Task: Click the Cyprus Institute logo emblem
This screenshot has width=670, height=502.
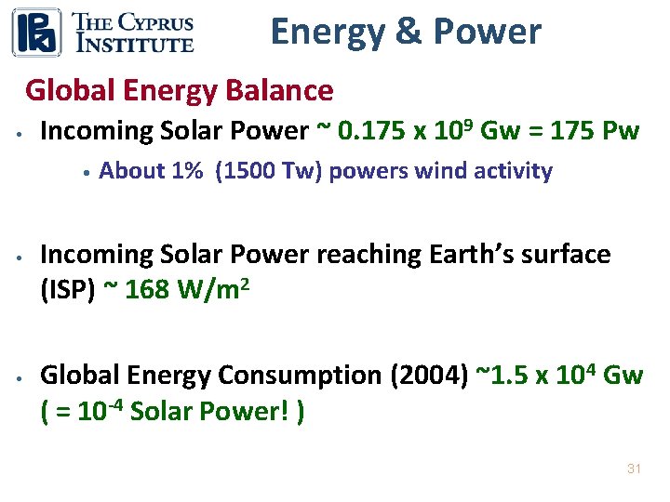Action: point(36,33)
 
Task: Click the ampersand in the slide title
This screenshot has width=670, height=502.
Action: point(407,32)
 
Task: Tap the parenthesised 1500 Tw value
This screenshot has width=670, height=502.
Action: point(269,171)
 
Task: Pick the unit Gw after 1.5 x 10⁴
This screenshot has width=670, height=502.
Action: point(623,376)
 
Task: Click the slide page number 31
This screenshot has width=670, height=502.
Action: point(634,469)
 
